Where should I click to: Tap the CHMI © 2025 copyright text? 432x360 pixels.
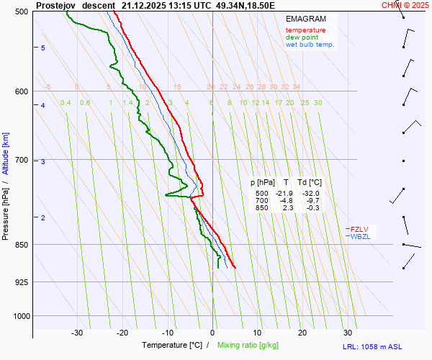tap(405, 5)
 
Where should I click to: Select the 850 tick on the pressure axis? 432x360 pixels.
tap(20, 245)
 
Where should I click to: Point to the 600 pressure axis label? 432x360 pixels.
tap(20, 91)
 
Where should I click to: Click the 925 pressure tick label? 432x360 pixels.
tap(20, 282)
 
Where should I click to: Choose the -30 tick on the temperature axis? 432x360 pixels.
tap(77, 333)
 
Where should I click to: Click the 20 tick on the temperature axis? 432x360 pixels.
tap(302, 333)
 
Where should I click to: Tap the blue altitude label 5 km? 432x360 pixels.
tap(43, 48)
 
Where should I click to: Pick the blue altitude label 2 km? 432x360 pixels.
tap(43, 217)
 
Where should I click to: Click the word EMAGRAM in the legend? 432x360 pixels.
tap(305, 18)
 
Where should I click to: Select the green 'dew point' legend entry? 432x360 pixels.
tap(302, 37)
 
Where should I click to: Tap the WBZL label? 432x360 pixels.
tap(360, 236)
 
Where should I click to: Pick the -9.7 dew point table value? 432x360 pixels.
tap(312, 201)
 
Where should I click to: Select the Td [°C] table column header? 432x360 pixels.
tap(310, 183)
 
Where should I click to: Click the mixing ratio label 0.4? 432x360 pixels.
tap(66, 103)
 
